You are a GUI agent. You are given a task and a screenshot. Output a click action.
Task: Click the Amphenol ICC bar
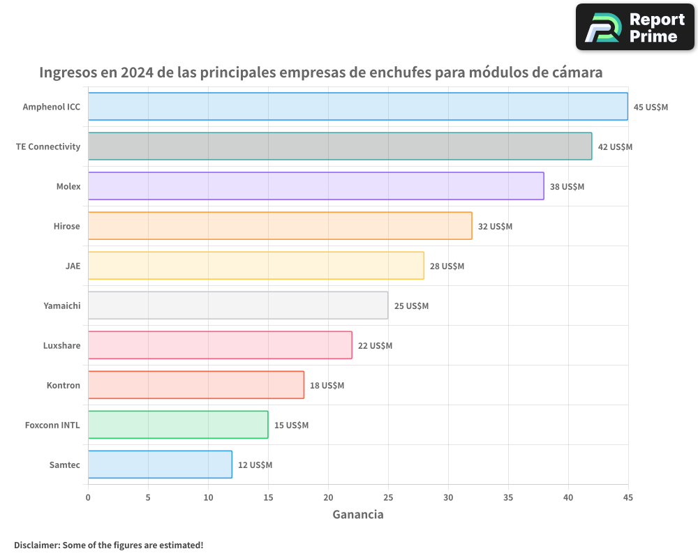pyautogui.click(x=357, y=107)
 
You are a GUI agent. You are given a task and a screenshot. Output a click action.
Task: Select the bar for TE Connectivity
pyautogui.click(x=340, y=146)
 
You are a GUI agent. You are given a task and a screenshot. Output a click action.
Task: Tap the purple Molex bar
pyautogui.click(x=315, y=186)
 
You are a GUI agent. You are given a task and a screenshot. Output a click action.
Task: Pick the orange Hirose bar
pyautogui.click(x=280, y=226)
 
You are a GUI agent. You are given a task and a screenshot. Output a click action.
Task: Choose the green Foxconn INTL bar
pyautogui.click(x=178, y=425)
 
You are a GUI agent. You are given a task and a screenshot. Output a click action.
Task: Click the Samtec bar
pyautogui.click(x=160, y=465)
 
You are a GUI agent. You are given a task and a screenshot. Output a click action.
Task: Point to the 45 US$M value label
pyautogui.click(x=651, y=107)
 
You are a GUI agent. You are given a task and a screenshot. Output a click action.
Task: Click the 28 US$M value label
pyautogui.click(x=447, y=266)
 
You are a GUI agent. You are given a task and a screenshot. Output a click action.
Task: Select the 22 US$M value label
pyautogui.click(x=375, y=346)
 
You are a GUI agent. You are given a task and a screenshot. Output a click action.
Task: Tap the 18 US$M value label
pyautogui.click(x=327, y=386)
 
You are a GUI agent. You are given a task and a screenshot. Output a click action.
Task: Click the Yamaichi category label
pyautogui.click(x=61, y=306)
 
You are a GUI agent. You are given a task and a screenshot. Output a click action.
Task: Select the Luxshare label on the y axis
pyautogui.click(x=61, y=345)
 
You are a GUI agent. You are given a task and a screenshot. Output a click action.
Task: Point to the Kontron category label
pyautogui.click(x=63, y=385)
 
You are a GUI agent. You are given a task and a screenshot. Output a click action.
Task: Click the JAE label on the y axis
pyautogui.click(x=73, y=266)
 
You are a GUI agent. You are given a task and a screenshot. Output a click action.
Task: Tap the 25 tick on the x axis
pyautogui.click(x=388, y=497)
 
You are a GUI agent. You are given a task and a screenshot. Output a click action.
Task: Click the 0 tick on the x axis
pyautogui.click(x=88, y=497)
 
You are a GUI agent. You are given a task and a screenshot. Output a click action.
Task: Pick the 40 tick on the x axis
pyautogui.click(x=568, y=497)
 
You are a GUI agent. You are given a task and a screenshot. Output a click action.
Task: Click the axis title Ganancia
pyautogui.click(x=357, y=515)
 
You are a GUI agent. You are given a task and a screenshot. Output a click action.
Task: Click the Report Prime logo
pyautogui.click(x=634, y=27)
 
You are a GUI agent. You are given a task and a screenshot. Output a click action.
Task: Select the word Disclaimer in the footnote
pyautogui.click(x=36, y=545)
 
